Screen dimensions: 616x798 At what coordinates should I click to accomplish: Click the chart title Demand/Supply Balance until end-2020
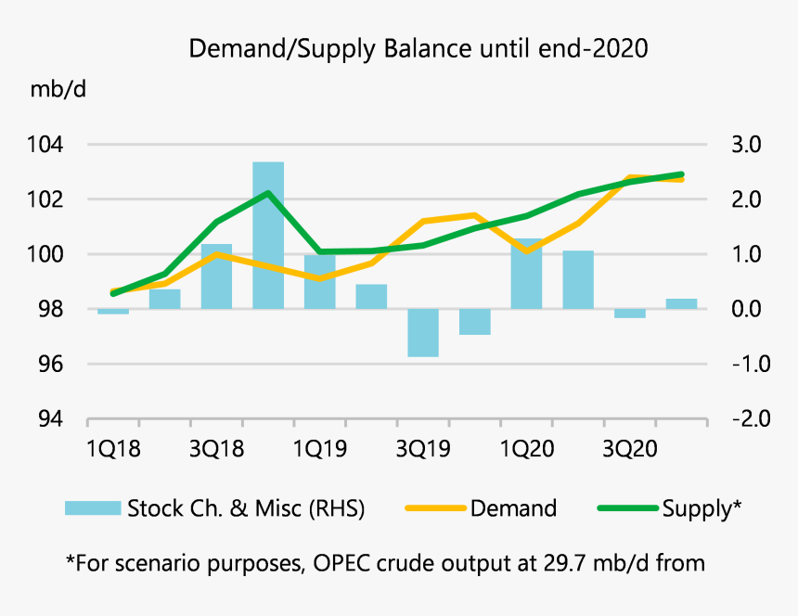pos(418,48)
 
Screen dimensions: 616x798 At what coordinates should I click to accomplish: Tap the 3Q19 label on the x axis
pos(422,449)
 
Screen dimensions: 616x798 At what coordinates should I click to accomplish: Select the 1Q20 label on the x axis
pos(526,449)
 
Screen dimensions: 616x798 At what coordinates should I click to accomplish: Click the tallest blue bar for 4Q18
pos(268,236)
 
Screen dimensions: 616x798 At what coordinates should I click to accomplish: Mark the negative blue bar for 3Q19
pos(423,332)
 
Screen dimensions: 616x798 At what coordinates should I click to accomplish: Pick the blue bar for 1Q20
pos(526,274)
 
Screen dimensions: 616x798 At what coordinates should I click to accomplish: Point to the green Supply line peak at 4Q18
pos(268,193)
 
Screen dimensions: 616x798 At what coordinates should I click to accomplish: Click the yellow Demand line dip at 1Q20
pos(526,250)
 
